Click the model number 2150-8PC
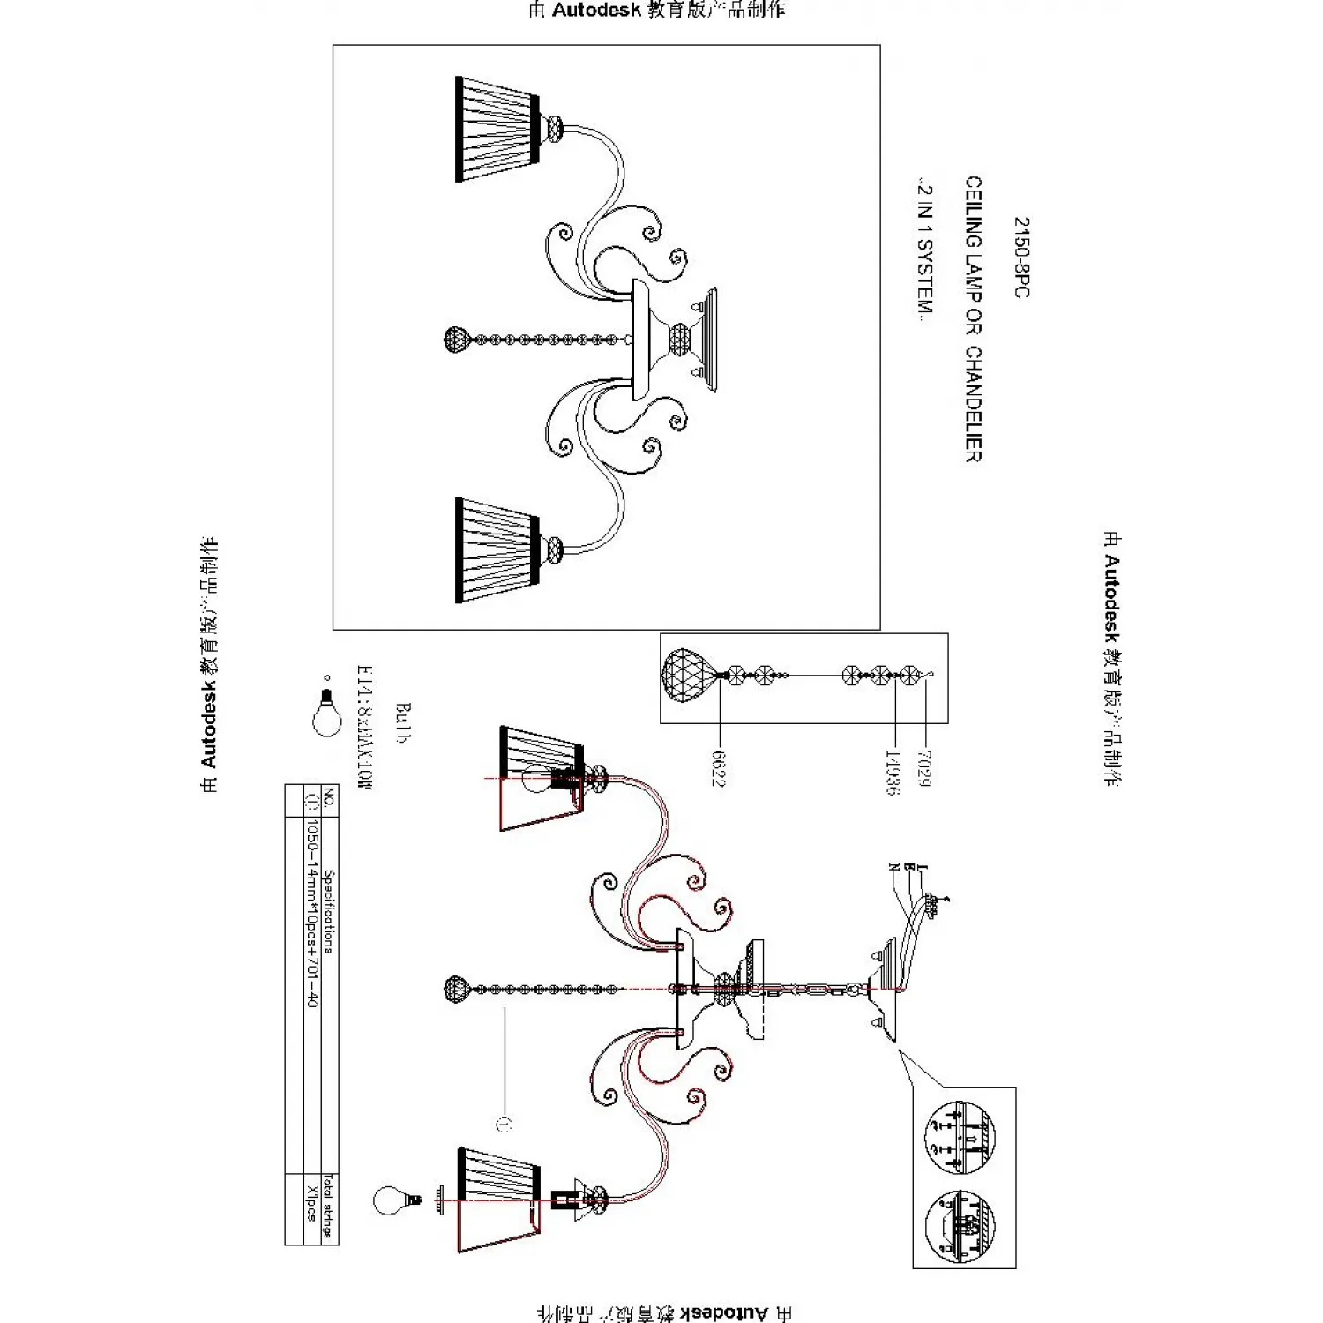(x=1020, y=258)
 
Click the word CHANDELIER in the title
(x=972, y=404)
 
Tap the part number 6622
(x=718, y=767)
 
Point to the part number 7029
(x=923, y=767)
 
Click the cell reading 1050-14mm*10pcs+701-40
(x=311, y=914)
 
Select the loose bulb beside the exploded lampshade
(x=390, y=1201)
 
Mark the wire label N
(x=894, y=868)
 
